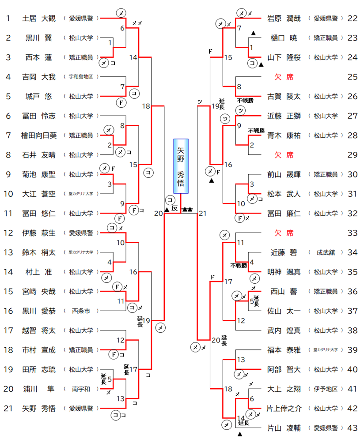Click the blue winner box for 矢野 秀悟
pyautogui.click(x=181, y=166)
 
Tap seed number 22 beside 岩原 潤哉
pyautogui.click(x=352, y=19)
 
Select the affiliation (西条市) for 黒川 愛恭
pyautogui.click(x=80, y=311)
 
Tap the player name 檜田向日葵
pyautogui.click(x=39, y=135)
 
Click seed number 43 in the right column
pyautogui.click(x=352, y=428)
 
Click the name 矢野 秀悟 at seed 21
pyautogui.click(x=39, y=408)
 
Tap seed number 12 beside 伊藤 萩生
pyautogui.click(x=8, y=233)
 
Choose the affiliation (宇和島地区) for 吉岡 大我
pyautogui.click(x=80, y=77)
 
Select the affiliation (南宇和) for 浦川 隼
pyautogui.click(x=80, y=389)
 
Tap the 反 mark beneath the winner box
pyautogui.click(x=175, y=209)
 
